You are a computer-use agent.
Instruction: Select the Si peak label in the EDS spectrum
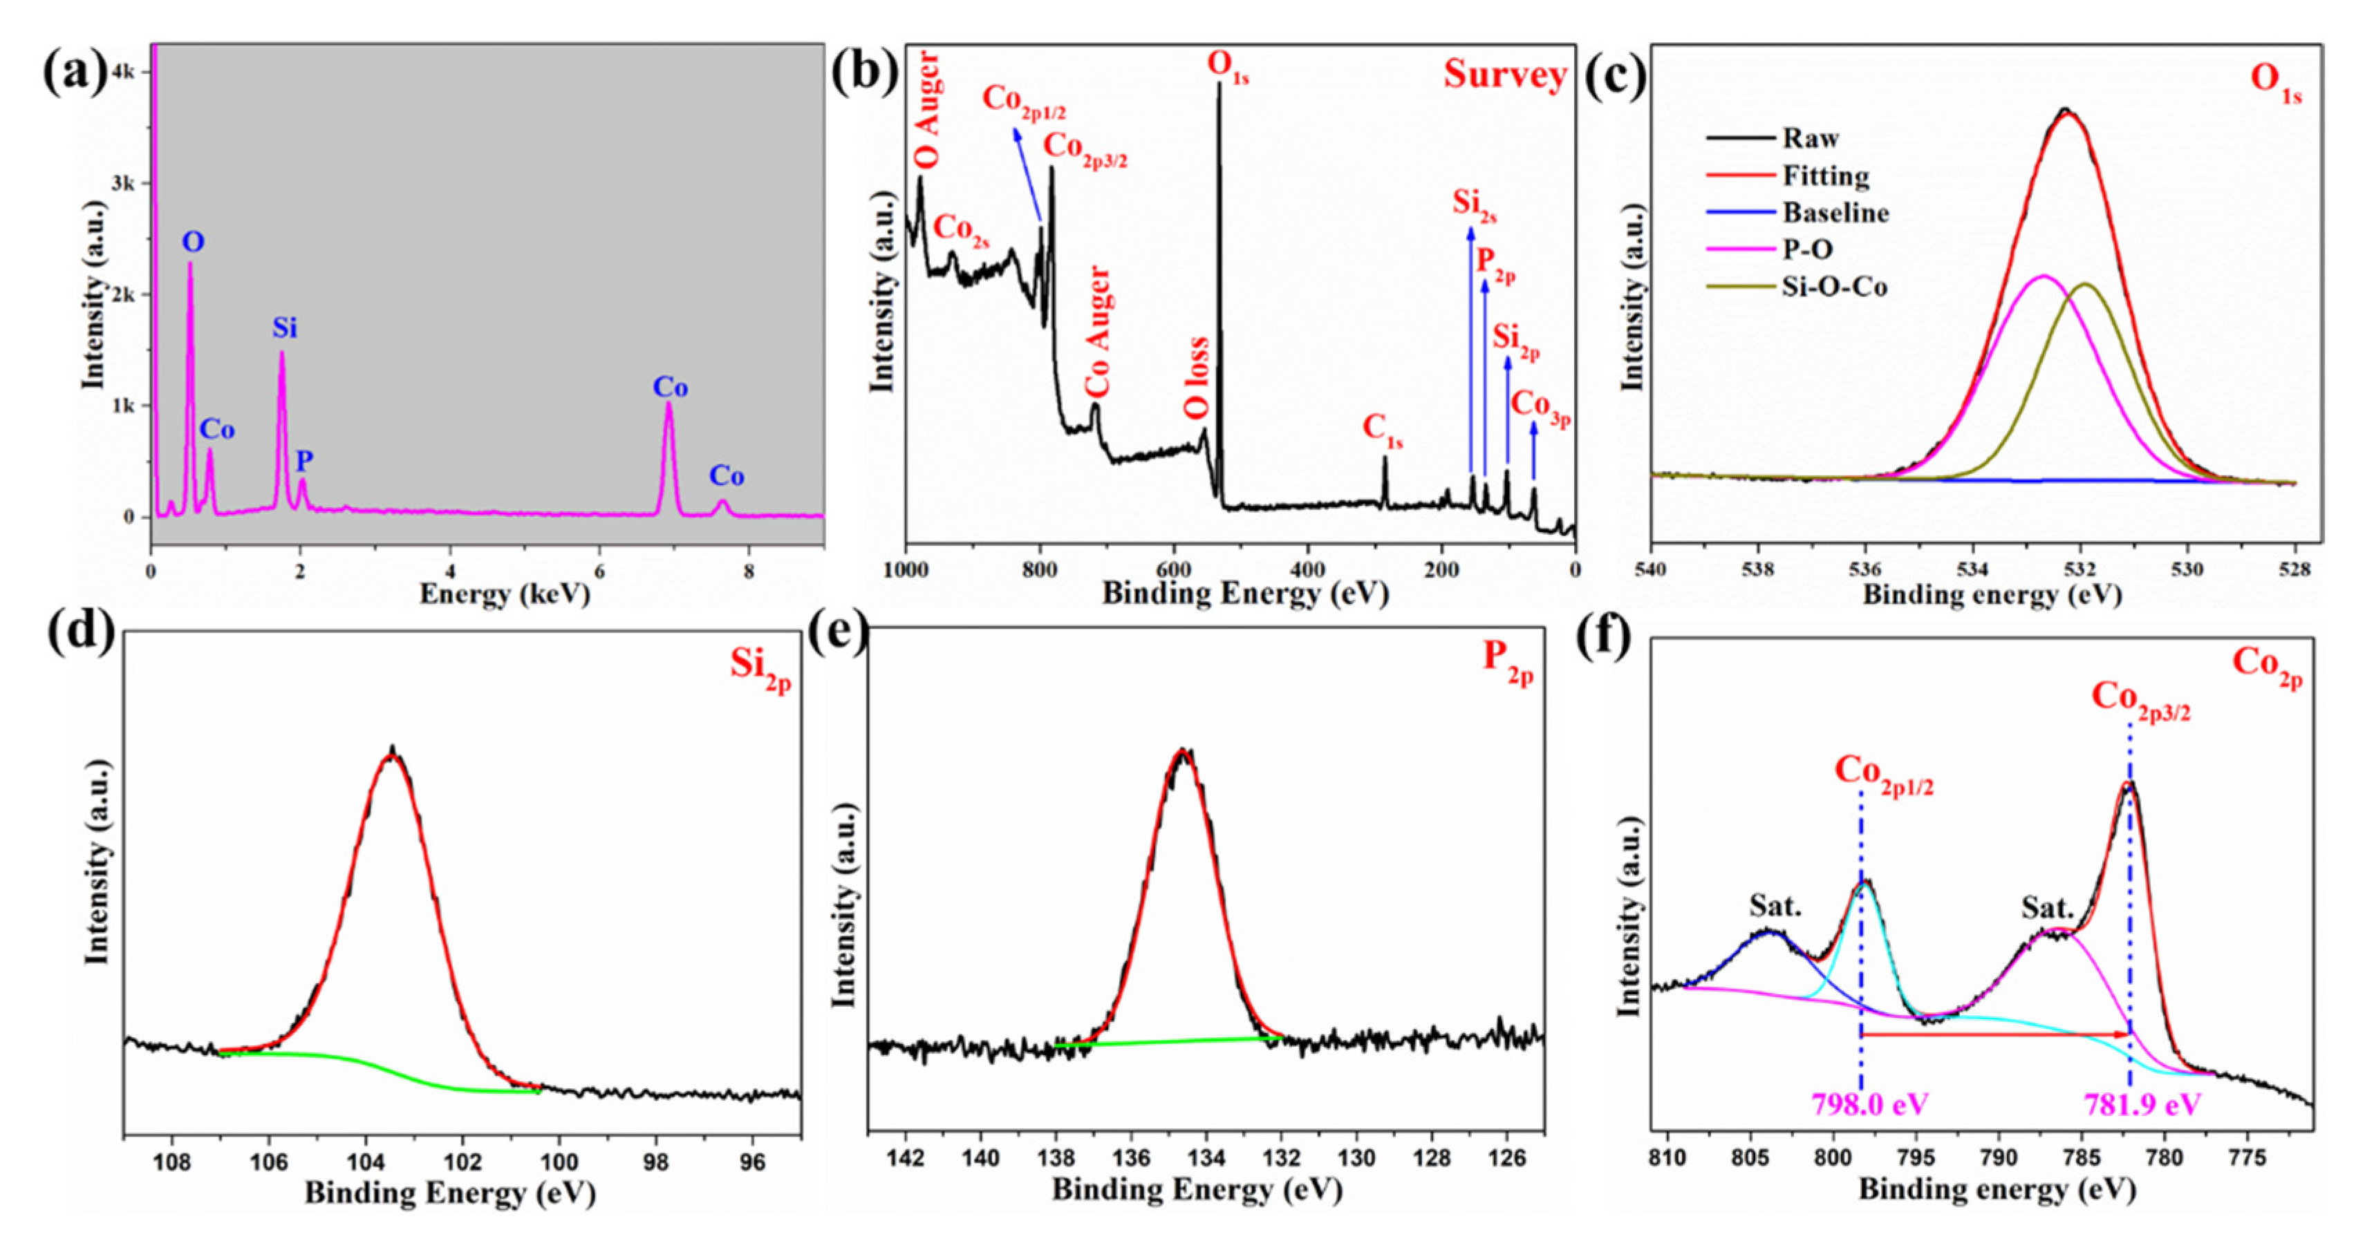[x=285, y=328]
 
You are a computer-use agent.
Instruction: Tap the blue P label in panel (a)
[x=304, y=461]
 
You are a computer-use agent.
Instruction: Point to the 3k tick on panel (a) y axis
[x=123, y=184]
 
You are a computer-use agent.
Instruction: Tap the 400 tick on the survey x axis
[x=1307, y=570]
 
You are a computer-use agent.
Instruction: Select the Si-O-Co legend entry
[x=1834, y=287]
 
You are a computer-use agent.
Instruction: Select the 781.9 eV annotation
[x=2142, y=1104]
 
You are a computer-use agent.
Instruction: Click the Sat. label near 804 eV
[x=1775, y=906]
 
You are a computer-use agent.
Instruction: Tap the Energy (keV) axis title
[x=504, y=595]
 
